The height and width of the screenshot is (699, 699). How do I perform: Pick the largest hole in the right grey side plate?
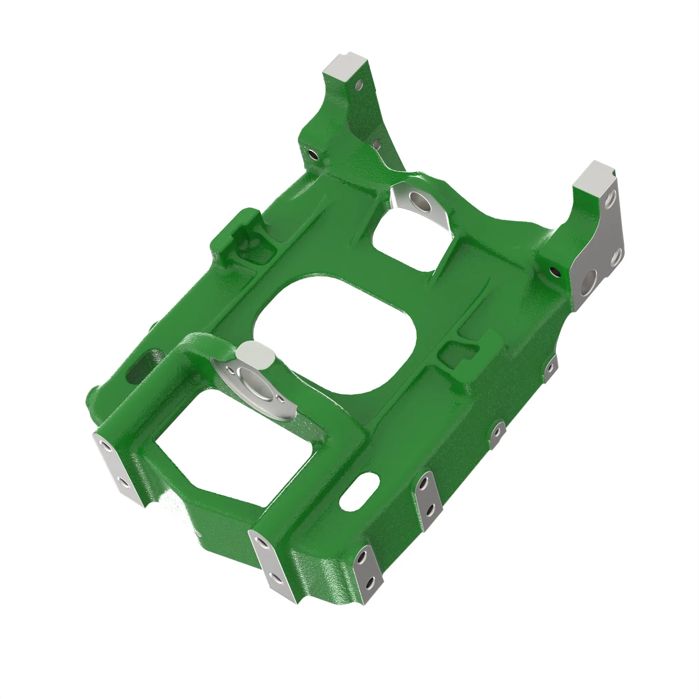[589, 279]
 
